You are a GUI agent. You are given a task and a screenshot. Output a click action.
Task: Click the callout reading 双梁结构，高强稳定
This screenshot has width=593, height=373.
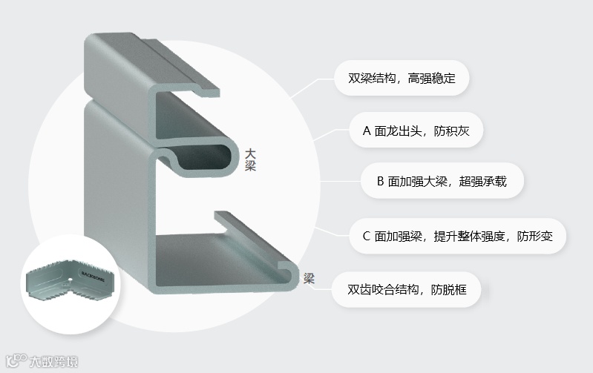402,77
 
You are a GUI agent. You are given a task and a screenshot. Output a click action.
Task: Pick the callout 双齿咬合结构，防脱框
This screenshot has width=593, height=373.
407,289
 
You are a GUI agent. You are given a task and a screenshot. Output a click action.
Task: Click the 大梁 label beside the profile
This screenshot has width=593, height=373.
251,160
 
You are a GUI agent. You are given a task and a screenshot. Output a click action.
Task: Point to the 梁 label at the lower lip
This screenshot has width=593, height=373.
309,279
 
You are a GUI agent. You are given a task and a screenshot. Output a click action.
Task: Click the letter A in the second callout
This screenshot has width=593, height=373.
367,132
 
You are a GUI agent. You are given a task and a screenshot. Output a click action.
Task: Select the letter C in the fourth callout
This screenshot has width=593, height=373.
367,237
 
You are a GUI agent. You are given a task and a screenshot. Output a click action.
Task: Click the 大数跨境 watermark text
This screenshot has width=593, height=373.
53,363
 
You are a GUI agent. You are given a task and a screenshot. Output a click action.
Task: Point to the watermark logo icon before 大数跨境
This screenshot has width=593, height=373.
16,362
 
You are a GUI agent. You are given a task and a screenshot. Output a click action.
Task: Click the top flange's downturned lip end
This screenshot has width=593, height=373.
211,90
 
